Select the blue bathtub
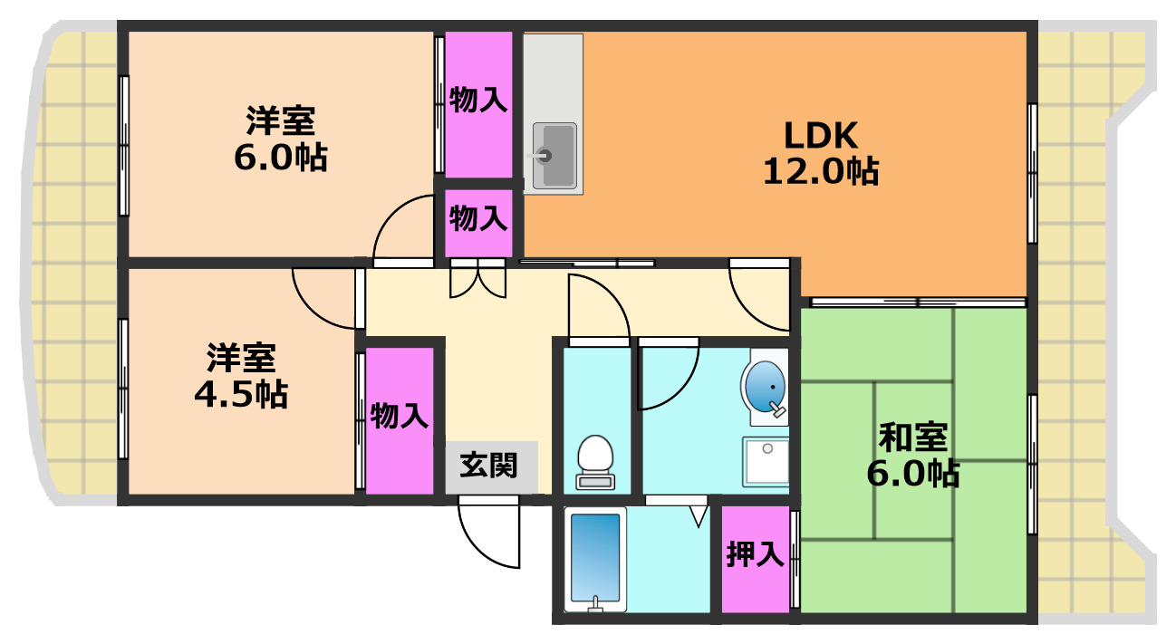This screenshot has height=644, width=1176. click(x=594, y=556)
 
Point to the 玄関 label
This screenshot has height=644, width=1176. click(x=489, y=466)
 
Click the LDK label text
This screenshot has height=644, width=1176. click(x=820, y=136)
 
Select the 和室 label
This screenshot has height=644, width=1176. click(x=913, y=438)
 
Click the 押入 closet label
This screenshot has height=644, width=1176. click(x=755, y=554)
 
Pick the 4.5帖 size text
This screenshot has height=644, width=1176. click(x=240, y=394)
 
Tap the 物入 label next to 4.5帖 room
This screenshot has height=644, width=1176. click(x=399, y=417)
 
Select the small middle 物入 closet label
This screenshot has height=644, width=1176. click(x=478, y=218)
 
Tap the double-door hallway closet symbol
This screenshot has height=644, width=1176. click(x=477, y=280)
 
